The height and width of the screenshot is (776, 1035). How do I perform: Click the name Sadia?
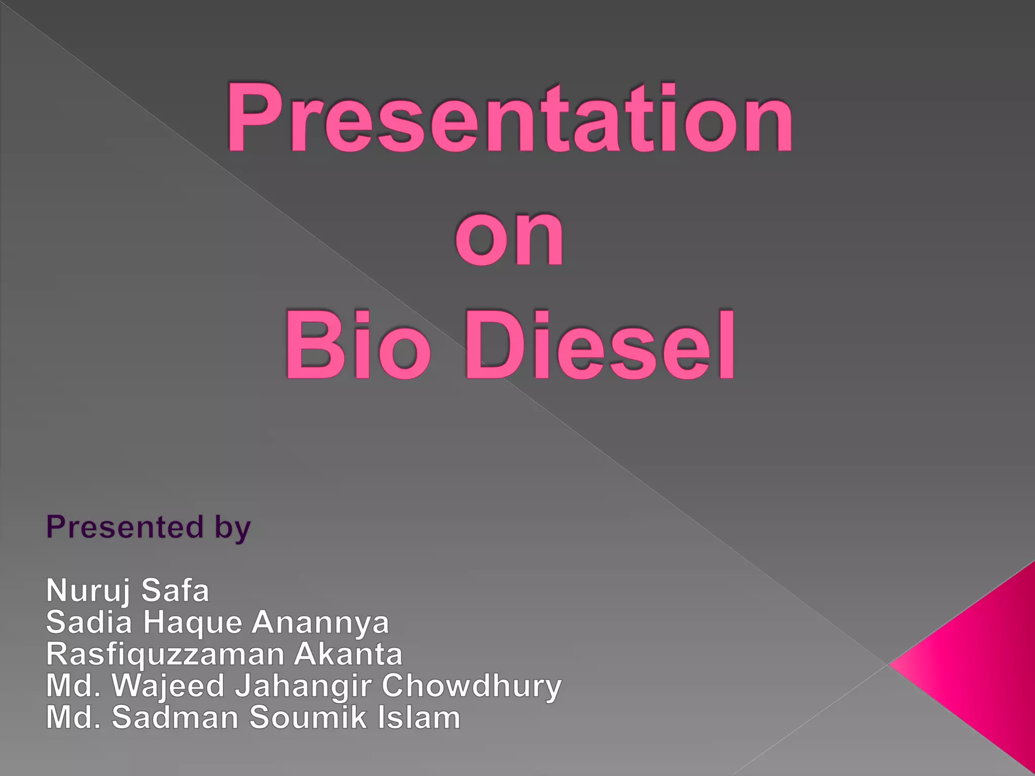(x=89, y=622)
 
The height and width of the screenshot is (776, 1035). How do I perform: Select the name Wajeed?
(x=168, y=686)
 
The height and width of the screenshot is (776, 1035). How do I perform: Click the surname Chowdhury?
(x=471, y=687)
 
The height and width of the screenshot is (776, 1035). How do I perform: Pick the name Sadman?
(x=175, y=717)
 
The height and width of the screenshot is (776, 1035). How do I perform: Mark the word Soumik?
(x=305, y=717)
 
